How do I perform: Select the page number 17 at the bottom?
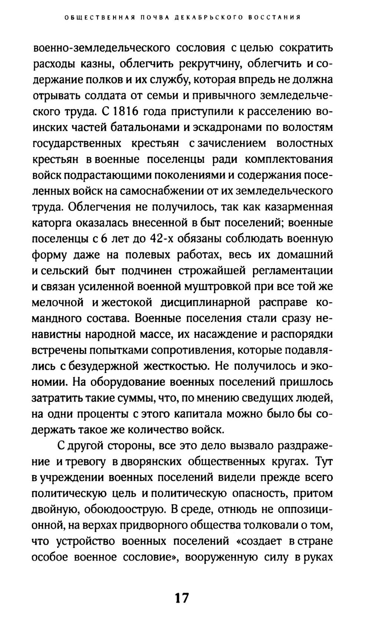pos(181,598)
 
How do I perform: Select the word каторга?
pos(51,223)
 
